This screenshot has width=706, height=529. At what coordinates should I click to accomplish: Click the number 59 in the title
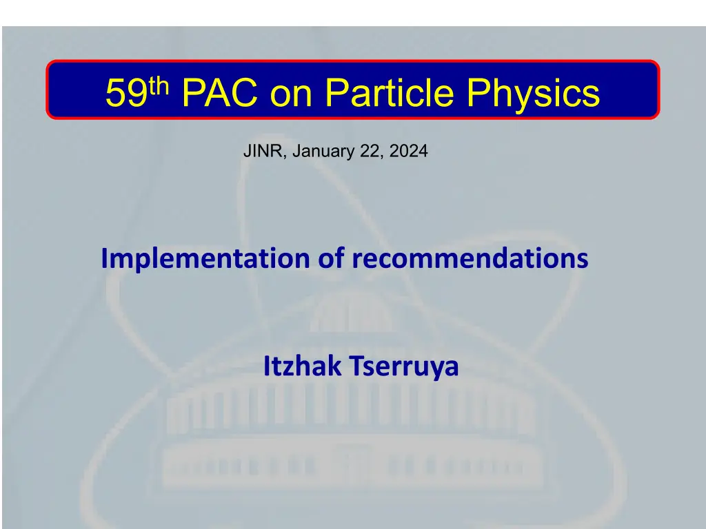coord(127,92)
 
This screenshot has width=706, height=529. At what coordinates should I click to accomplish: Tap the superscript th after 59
coord(159,86)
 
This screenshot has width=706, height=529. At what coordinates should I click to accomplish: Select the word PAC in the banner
coord(220,92)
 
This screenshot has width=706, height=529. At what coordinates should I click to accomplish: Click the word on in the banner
coord(291,96)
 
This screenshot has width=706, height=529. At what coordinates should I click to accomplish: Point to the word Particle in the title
coord(389,92)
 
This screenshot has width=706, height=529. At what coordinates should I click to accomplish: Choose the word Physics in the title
coord(533,95)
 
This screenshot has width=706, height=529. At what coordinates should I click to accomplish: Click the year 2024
coord(408,151)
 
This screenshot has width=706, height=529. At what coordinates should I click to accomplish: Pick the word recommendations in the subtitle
coord(470,258)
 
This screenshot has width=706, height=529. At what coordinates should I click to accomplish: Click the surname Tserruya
coord(404,368)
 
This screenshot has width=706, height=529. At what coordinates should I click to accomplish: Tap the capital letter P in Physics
coord(477,92)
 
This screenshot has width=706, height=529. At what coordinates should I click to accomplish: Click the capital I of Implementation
coord(104,258)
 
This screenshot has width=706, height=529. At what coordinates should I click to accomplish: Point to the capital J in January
coord(296,151)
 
